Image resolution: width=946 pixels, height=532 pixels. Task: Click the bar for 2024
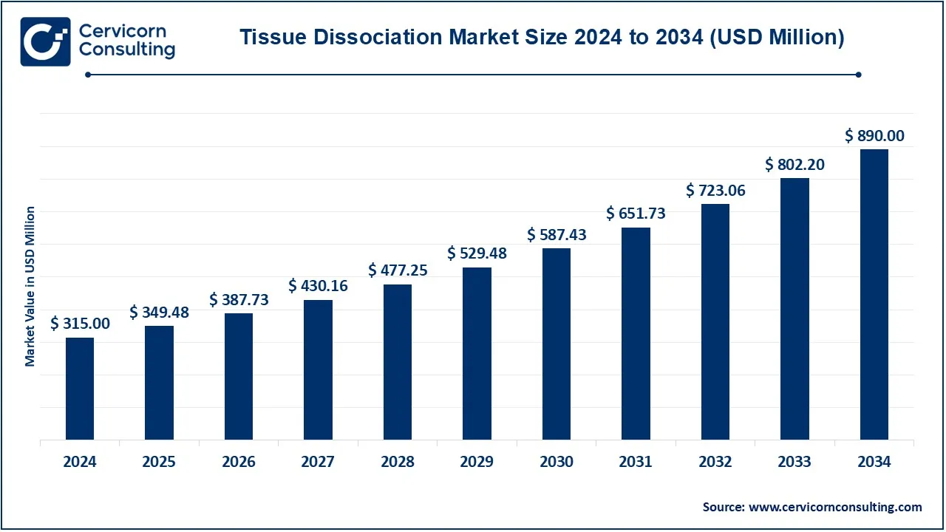pos(80,389)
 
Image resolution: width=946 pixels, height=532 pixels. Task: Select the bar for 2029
pos(477,353)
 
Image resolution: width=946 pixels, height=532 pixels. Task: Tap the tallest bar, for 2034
pos(874,294)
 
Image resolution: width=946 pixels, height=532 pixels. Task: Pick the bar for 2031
pos(636,333)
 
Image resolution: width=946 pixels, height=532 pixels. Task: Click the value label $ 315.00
pos(80,324)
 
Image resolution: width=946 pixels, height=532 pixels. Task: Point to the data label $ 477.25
pos(398,270)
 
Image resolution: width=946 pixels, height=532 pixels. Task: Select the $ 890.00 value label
pos(874,136)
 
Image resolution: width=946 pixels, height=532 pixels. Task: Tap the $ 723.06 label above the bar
pos(715,191)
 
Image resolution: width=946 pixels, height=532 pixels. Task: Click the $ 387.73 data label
pos(239,300)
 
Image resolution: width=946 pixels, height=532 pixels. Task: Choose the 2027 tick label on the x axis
pos(318,462)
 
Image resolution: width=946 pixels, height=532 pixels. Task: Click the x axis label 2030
pos(557,462)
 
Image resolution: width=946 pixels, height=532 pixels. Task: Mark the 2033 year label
pos(795,462)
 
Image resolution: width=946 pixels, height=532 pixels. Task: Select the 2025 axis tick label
pos(159,462)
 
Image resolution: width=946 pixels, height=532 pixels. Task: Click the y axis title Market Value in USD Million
pos(30,287)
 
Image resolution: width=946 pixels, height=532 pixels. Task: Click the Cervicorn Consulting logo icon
pos(45,42)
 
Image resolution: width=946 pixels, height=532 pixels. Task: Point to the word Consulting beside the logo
pos(126,50)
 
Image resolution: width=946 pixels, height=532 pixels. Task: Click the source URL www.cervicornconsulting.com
pos(835,507)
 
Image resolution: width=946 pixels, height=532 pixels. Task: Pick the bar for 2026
pos(239,376)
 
